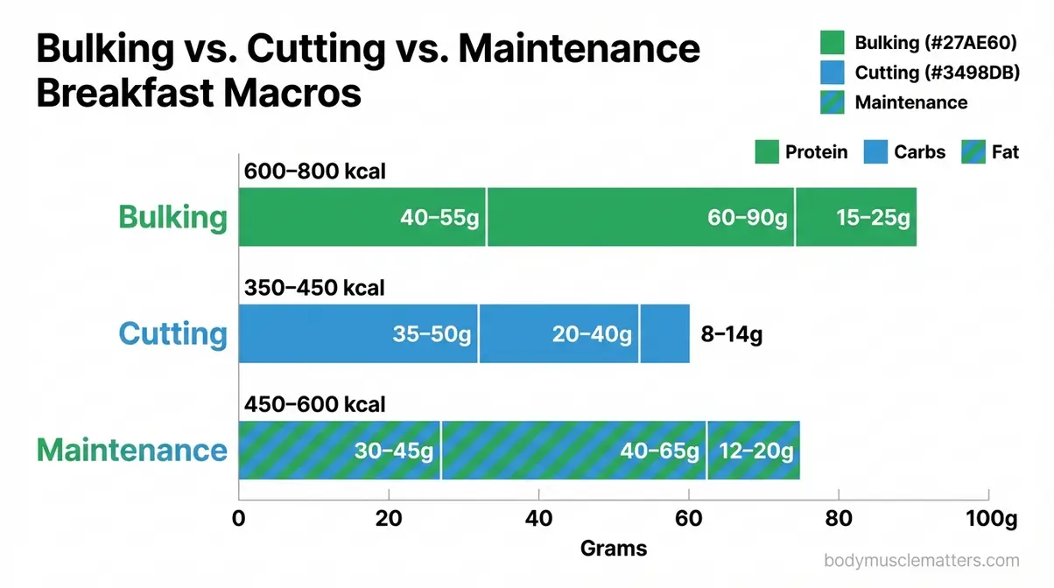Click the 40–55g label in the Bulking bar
(439, 218)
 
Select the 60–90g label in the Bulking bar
(747, 218)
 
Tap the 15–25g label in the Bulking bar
(873, 218)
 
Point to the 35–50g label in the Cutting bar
(431, 334)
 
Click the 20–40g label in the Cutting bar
(592, 334)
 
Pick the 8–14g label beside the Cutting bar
(732, 334)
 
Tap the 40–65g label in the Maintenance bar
(659, 451)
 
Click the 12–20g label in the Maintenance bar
(755, 451)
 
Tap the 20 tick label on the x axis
(389, 518)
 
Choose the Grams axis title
(614, 549)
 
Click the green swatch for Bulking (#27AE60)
(832, 43)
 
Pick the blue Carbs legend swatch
(876, 152)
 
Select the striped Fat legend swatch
(973, 152)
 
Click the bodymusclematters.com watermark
(922, 561)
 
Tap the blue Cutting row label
(172, 334)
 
